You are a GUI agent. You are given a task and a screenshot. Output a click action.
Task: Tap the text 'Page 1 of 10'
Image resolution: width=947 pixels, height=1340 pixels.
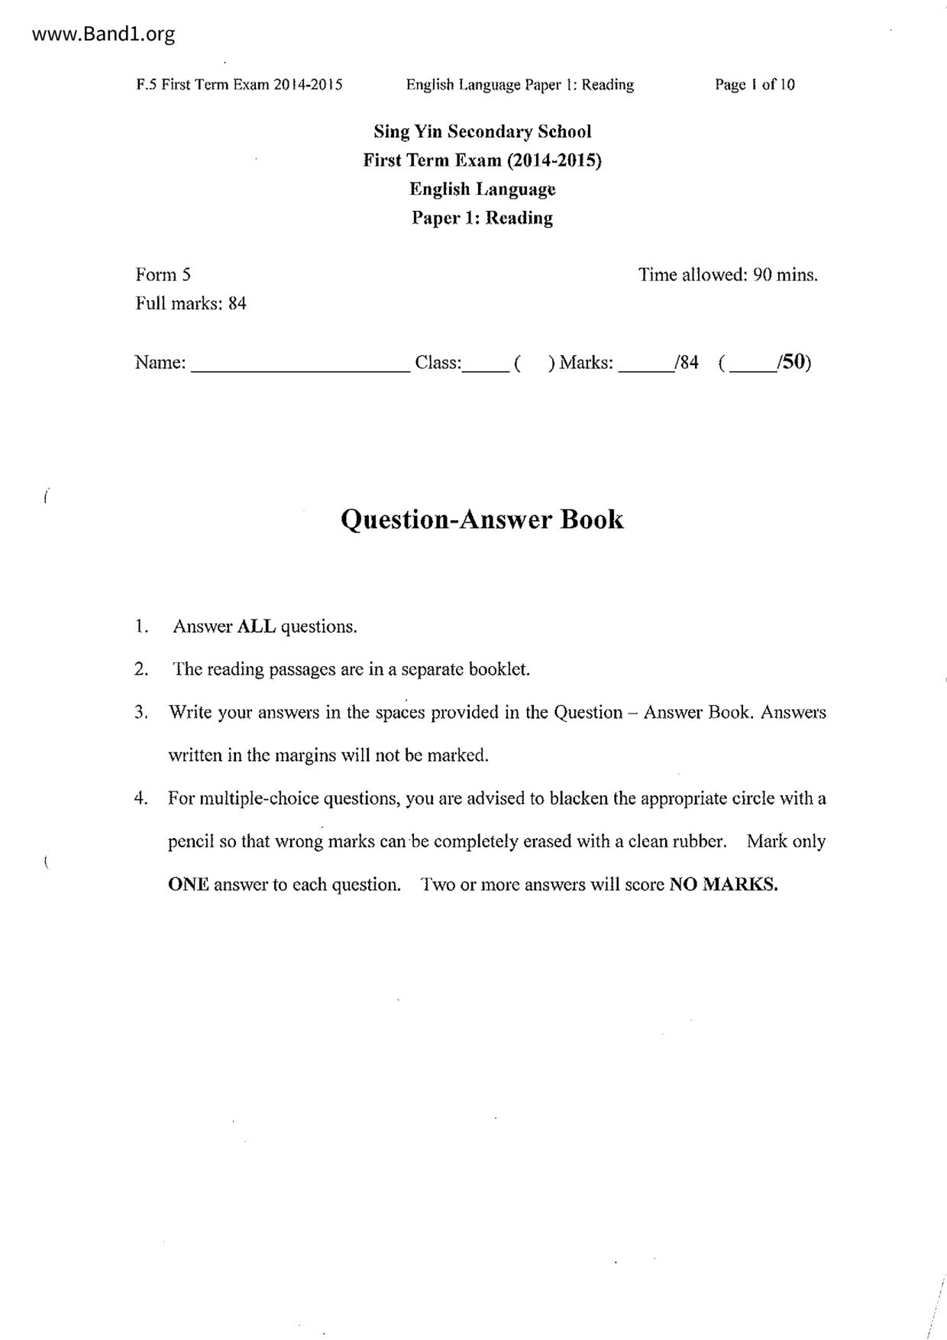(x=755, y=85)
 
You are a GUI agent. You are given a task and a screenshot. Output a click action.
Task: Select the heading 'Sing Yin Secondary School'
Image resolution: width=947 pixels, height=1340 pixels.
(x=482, y=131)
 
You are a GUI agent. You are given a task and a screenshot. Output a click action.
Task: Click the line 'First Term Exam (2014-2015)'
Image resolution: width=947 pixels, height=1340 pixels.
(x=482, y=160)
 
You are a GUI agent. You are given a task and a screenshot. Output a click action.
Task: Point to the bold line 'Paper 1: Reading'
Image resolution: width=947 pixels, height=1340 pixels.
(x=482, y=218)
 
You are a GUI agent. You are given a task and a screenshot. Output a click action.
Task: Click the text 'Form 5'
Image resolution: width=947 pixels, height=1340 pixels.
(x=163, y=275)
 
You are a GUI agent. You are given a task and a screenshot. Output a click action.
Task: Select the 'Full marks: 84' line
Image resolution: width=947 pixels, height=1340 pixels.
(x=191, y=303)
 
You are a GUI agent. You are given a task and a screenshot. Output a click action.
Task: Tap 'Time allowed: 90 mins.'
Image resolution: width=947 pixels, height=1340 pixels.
(x=728, y=275)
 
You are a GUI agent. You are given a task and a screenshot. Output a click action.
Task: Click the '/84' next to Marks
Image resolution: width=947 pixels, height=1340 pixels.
(x=686, y=362)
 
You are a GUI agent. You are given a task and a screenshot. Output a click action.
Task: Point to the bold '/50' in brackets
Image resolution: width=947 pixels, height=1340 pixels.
(x=792, y=362)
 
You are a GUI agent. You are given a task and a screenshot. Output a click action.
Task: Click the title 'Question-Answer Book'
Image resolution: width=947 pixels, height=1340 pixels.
(x=482, y=519)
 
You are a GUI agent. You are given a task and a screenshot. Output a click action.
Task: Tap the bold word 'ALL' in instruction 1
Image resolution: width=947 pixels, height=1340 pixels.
(x=257, y=626)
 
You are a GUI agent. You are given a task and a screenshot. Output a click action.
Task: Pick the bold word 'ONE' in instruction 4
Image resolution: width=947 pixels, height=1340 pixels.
(x=188, y=885)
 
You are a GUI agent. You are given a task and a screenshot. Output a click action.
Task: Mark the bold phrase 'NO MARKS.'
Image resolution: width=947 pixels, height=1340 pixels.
(x=723, y=885)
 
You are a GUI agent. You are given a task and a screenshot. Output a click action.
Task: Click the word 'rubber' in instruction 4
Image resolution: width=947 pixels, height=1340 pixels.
(x=698, y=842)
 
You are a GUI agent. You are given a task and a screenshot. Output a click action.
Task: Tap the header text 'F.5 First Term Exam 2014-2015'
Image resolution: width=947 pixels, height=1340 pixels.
(x=239, y=85)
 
